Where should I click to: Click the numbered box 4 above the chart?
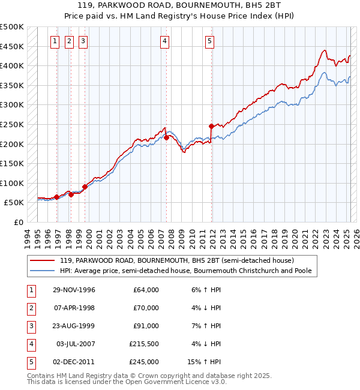pos(164,41)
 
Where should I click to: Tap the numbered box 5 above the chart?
pos(209,41)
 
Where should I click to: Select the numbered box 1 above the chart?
pos(55,41)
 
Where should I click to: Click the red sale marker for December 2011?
pos(211,126)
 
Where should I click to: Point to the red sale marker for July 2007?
pos(166,138)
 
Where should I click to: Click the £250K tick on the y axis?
pos(12,124)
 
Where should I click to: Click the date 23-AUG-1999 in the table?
pos(74,326)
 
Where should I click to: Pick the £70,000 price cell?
pos(146,308)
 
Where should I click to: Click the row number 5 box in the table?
pos(29,362)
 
